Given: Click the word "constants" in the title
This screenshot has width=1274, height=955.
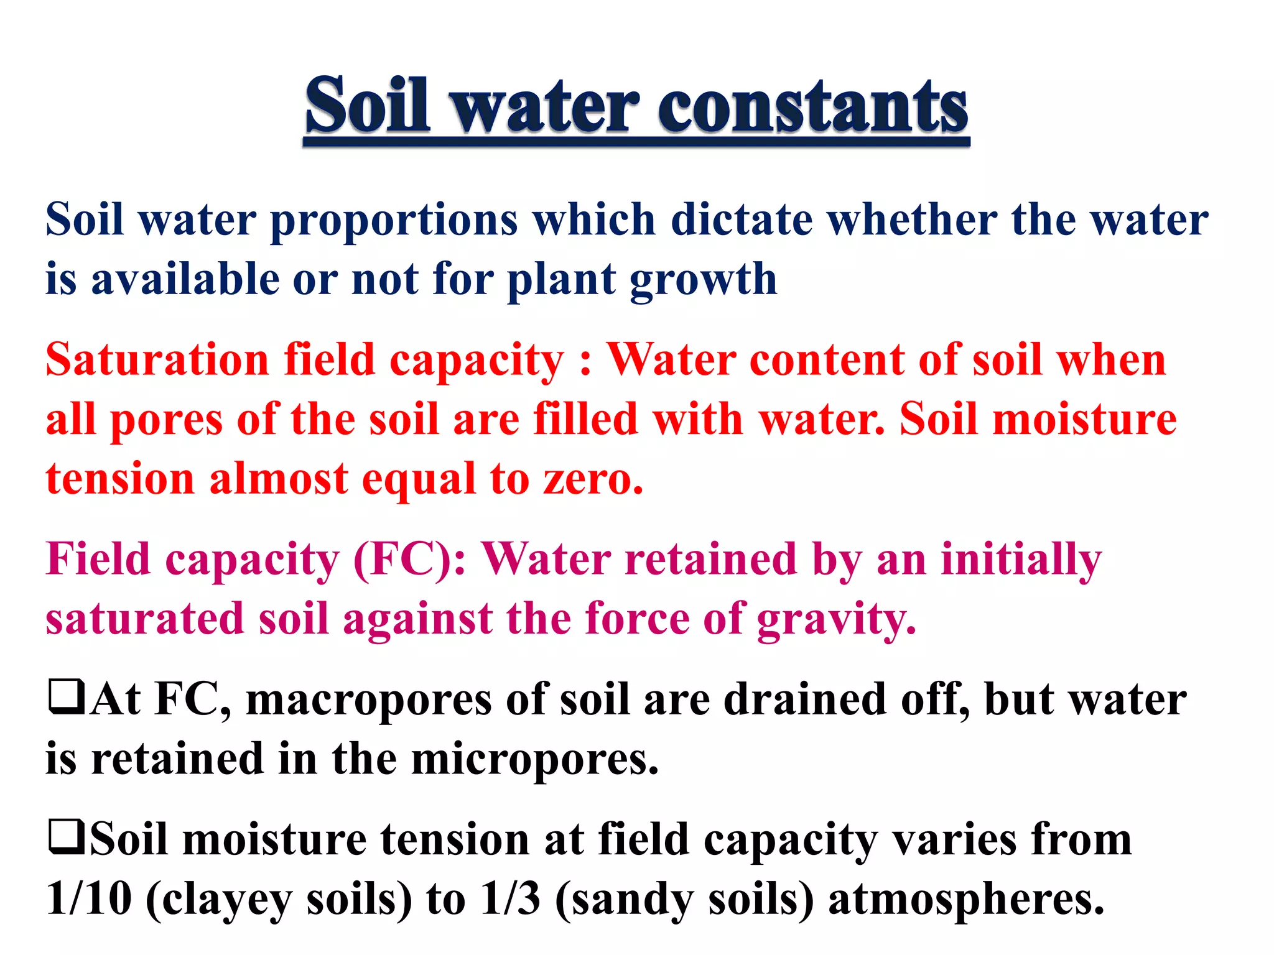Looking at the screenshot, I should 812,107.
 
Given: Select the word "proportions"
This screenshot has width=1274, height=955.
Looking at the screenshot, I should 394,221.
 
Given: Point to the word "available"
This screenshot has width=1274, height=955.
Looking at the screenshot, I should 185,279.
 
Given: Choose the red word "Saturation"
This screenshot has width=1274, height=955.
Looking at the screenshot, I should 157,360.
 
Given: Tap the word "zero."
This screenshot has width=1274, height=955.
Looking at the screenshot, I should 593,479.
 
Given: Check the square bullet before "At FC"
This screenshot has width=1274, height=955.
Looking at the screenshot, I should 66,698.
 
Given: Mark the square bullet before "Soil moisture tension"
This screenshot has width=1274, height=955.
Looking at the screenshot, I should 66,837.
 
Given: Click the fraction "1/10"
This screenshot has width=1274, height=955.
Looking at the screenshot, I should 89,899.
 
